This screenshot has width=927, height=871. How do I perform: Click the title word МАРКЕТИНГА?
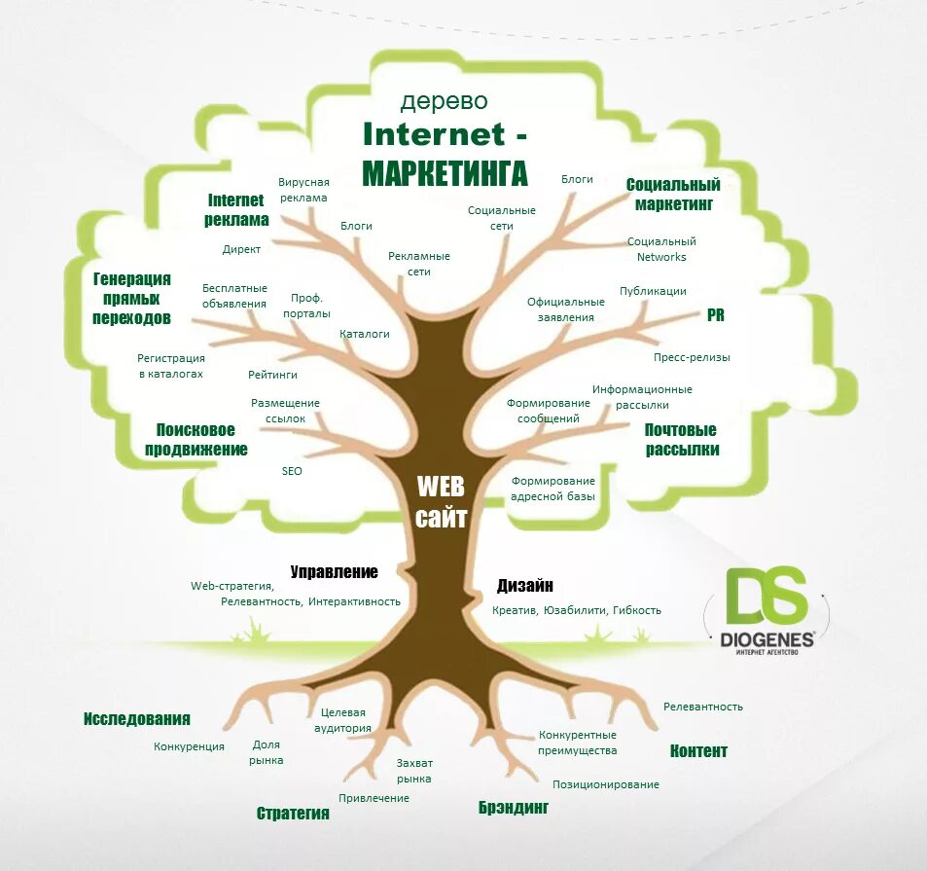[445, 173]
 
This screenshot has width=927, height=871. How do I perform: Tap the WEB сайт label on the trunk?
[441, 501]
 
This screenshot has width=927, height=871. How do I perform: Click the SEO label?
[292, 471]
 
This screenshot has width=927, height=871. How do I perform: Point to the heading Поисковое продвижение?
[196, 440]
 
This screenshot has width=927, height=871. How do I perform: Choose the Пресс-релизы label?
[692, 357]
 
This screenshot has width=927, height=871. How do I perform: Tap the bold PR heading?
[715, 315]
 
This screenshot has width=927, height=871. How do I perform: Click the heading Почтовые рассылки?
[682, 440]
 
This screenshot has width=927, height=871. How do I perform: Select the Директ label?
[241, 249]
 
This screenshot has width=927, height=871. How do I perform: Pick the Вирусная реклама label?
[303, 190]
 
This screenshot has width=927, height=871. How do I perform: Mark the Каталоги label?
[365, 334]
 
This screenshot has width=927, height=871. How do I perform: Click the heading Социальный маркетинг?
[673, 195]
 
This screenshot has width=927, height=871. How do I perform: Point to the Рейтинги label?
[272, 374]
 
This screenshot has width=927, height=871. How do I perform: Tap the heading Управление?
[334, 572]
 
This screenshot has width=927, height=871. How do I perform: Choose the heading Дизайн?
[525, 586]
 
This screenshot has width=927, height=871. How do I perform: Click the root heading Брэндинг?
[514, 808]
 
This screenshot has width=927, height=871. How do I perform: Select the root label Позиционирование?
[606, 784]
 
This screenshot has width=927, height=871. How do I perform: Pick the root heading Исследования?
[136, 719]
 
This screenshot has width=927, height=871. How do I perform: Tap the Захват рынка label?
[414, 771]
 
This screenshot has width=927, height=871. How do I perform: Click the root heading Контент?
[698, 750]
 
